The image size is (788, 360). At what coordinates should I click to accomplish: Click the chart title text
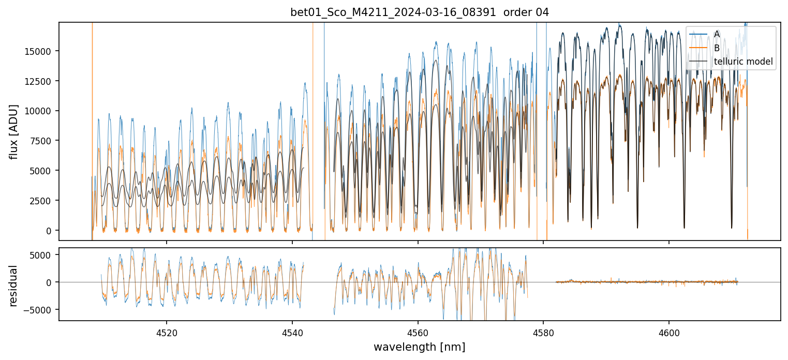click(x=420, y=12)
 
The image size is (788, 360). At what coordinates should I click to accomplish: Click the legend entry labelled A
click(x=717, y=34)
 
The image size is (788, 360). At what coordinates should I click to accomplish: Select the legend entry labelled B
click(x=717, y=48)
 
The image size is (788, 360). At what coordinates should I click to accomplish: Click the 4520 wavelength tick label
click(x=167, y=332)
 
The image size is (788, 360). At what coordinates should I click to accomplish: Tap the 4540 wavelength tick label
click(x=292, y=332)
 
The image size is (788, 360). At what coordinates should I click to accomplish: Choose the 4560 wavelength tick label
click(x=418, y=332)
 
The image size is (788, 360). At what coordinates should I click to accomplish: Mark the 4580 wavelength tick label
click(x=543, y=332)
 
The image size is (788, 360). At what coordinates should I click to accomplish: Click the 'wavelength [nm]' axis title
click(x=420, y=347)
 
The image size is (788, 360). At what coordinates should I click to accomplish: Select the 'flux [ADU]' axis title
click(x=14, y=131)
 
